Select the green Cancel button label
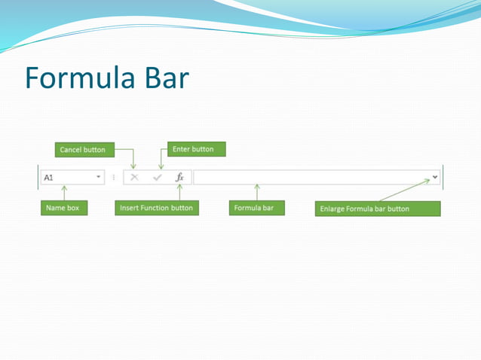tap(83, 150)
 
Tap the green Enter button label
tap(193, 149)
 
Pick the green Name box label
tap(63, 208)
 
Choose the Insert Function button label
tap(156, 208)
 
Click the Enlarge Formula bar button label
tap(376, 209)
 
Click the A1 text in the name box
tap(48, 178)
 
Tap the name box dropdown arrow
tap(99, 178)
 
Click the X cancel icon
tap(134, 178)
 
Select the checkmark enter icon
tap(158, 178)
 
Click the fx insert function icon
tap(179, 178)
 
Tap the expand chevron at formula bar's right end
tap(435, 178)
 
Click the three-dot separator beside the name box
tap(114, 178)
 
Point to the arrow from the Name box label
tap(64, 193)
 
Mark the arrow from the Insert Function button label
tap(179, 193)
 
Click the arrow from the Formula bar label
tap(257, 192)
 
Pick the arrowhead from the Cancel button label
tap(133, 166)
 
